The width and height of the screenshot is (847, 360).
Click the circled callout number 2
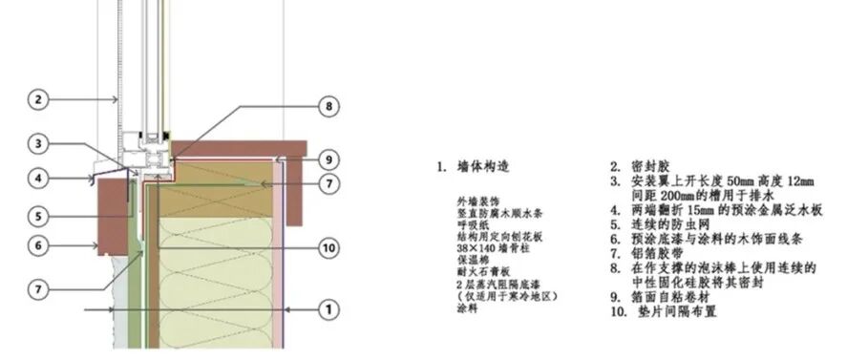[x=37, y=99]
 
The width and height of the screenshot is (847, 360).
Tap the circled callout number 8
[x=328, y=108]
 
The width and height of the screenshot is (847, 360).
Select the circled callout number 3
[x=37, y=144]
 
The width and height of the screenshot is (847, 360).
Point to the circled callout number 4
[x=37, y=177]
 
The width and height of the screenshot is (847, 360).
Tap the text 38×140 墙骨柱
[x=493, y=256]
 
